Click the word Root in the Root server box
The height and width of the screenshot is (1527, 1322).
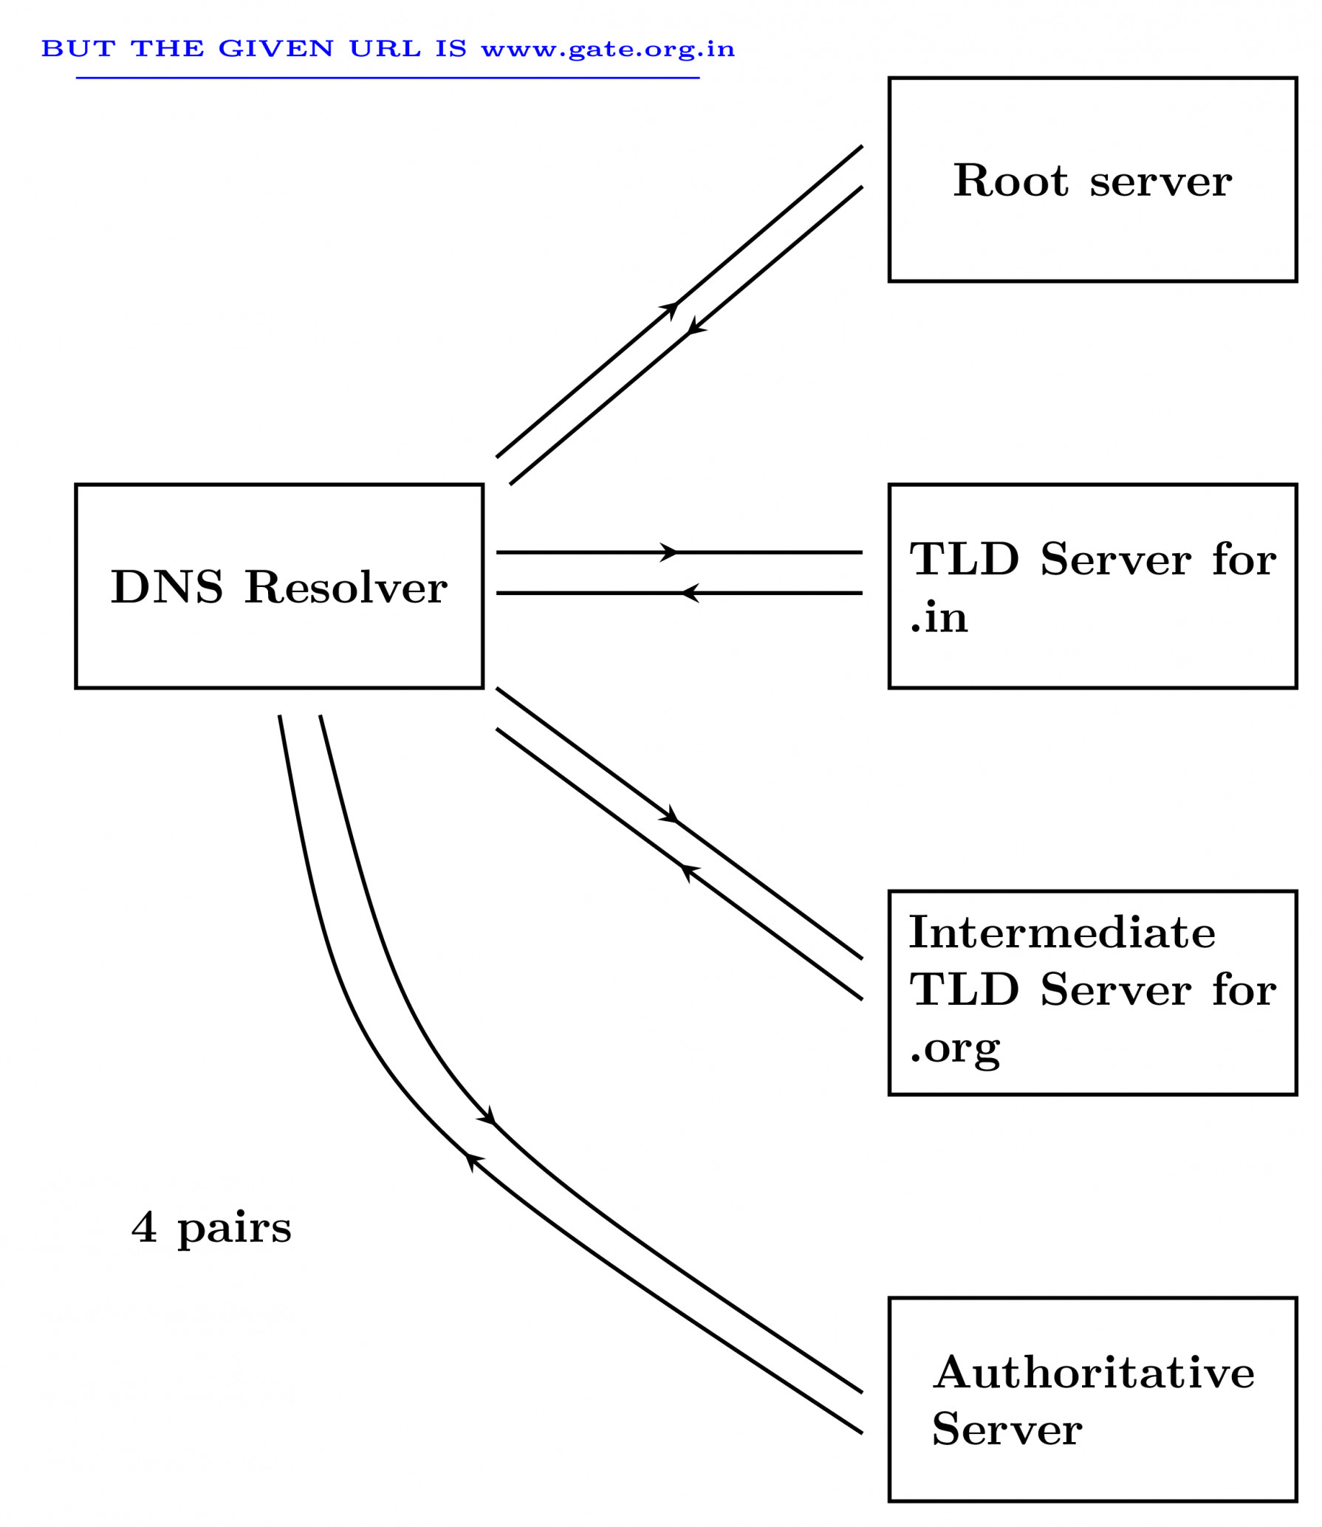tap(1010, 181)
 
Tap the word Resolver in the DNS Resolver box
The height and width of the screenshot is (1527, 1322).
tap(346, 588)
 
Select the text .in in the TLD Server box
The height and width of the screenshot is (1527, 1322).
tap(939, 617)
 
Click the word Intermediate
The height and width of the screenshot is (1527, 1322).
tap(1062, 933)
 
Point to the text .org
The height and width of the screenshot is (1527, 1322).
tap(955, 1049)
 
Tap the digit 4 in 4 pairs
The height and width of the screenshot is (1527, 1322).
tap(145, 1227)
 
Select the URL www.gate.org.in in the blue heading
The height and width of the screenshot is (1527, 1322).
tap(607, 49)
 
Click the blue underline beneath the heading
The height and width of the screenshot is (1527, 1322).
tap(387, 78)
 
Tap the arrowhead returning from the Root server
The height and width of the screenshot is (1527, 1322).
tap(694, 328)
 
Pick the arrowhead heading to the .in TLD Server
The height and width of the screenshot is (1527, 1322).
tap(669, 552)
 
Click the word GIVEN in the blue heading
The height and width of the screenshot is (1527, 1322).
tap(275, 49)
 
